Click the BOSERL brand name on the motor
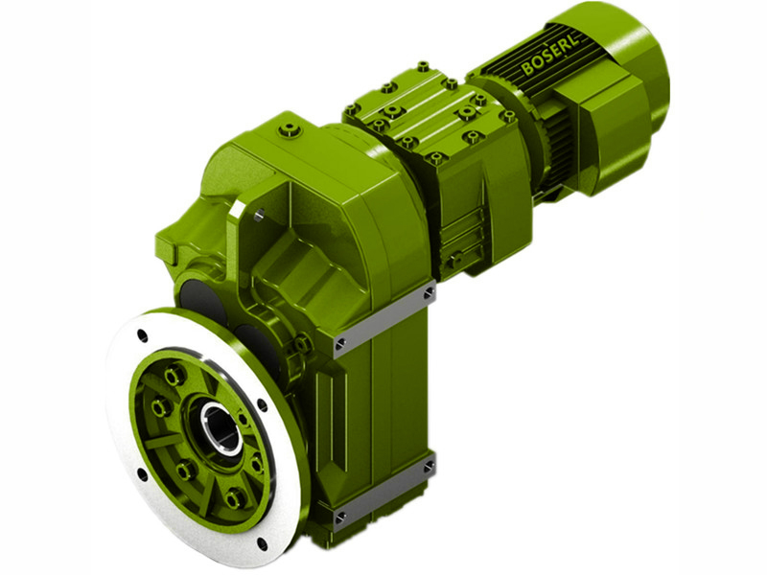coord(552,56)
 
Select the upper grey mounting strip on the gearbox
coord(383,316)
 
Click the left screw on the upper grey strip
coord(339,342)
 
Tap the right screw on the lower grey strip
coord(428,464)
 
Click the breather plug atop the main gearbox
coord(289,126)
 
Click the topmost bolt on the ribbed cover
coord(423,67)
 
